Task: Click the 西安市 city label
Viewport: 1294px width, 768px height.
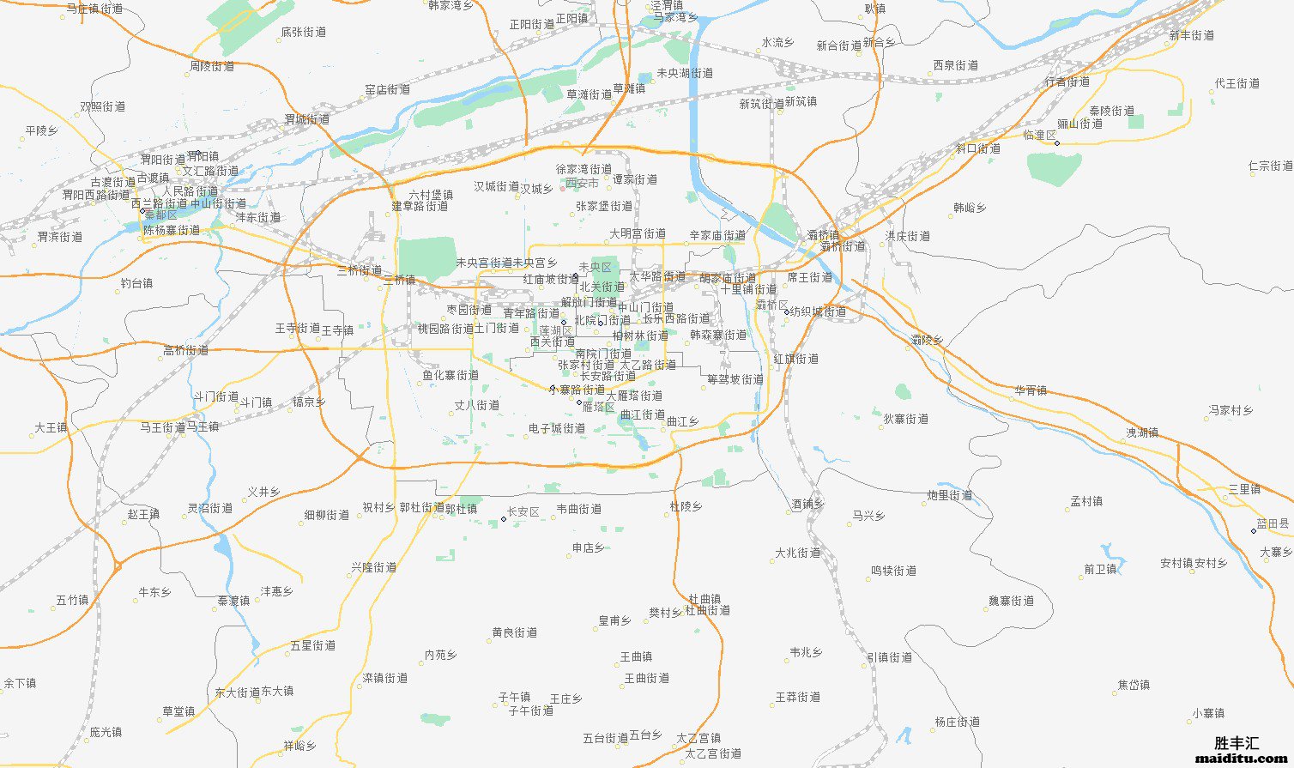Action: point(582,184)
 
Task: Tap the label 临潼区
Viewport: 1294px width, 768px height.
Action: point(1039,136)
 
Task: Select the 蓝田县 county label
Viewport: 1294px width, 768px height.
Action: point(1273,523)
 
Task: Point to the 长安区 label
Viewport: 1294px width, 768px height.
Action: point(523,512)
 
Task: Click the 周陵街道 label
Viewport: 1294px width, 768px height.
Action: point(212,66)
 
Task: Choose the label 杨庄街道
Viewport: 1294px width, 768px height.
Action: point(957,723)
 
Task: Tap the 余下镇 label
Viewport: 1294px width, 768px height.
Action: point(20,684)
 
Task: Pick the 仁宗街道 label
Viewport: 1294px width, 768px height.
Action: point(1270,166)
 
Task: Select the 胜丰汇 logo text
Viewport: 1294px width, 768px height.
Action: point(1237,743)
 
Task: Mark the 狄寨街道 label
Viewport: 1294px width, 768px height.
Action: point(906,419)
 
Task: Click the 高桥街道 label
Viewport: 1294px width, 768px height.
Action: point(186,350)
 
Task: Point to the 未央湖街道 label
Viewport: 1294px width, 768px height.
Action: point(685,74)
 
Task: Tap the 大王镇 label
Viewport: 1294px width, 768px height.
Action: point(51,427)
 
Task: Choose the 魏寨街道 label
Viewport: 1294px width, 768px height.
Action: point(1011,601)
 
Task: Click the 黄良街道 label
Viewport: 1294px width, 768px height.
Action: point(515,632)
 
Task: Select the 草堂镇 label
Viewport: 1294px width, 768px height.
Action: point(178,711)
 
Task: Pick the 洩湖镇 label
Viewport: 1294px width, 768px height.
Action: point(1142,432)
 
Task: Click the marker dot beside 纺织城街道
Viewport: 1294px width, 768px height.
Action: point(786,312)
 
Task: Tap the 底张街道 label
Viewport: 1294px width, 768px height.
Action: point(304,32)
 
